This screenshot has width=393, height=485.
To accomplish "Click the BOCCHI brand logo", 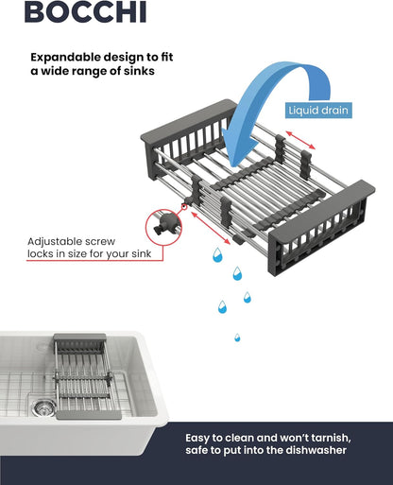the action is point(85,11).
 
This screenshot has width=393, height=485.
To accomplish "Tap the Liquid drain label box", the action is point(318,111).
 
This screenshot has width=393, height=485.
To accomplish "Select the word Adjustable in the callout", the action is point(53,242).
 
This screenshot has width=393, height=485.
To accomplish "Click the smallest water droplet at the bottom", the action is point(237,338).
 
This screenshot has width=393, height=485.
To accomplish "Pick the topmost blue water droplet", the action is point(217,255).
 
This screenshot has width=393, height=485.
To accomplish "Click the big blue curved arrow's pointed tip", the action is point(232,166).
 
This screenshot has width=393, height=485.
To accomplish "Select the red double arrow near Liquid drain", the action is point(300,140).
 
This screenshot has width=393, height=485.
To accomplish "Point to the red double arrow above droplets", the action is point(211,228).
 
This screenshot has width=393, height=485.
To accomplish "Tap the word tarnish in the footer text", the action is point(332,438).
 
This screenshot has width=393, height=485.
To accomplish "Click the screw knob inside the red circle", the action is point(164,224).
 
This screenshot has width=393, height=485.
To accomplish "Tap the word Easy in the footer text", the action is point(197,439).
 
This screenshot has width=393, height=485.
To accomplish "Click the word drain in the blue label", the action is point(334,111).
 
